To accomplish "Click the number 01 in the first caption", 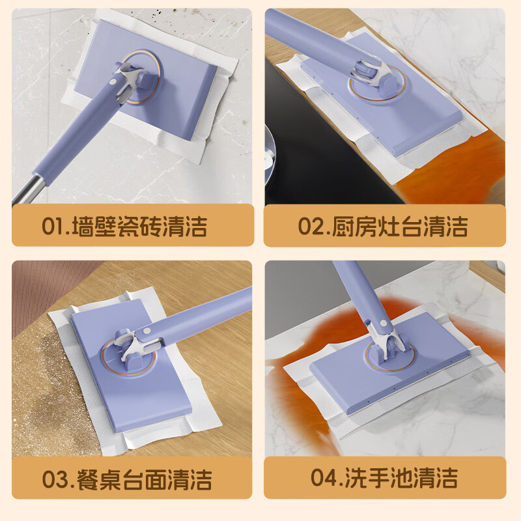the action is (x=51, y=226).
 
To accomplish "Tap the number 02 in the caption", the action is (x=309, y=226).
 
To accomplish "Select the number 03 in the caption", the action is (x=53, y=479).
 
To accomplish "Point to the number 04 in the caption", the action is (x=322, y=477).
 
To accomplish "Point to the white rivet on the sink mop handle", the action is (x=383, y=322).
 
